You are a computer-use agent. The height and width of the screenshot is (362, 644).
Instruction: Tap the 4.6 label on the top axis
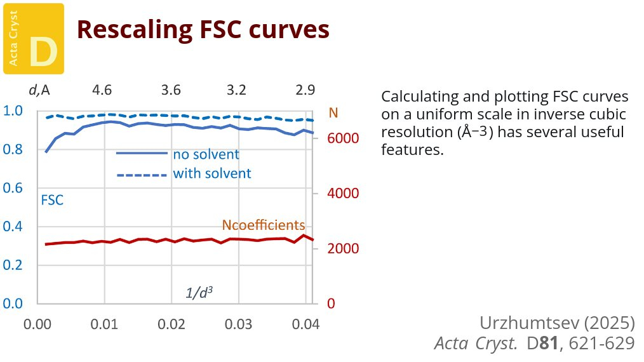pyautogui.click(x=102, y=90)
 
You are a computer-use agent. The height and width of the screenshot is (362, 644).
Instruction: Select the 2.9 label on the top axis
pyautogui.click(x=305, y=90)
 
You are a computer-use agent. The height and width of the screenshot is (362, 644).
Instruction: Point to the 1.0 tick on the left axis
pyautogui.click(x=13, y=111)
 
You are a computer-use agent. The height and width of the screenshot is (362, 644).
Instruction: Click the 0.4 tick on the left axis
pyautogui.click(x=13, y=227)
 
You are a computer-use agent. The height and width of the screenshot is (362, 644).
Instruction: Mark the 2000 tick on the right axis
pyautogui.click(x=342, y=248)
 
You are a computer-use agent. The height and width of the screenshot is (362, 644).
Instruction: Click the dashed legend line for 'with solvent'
pyautogui.click(x=141, y=174)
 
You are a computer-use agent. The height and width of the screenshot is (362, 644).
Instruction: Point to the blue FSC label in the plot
pyautogui.click(x=52, y=199)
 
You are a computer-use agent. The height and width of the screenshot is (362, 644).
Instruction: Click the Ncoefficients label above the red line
pyautogui.click(x=263, y=225)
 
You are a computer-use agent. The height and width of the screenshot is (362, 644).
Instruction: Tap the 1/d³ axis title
pyautogui.click(x=199, y=293)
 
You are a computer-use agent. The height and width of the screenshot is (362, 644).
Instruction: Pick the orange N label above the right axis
pyautogui.click(x=333, y=114)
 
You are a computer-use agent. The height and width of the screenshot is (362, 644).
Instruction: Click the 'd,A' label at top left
pyautogui.click(x=39, y=90)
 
